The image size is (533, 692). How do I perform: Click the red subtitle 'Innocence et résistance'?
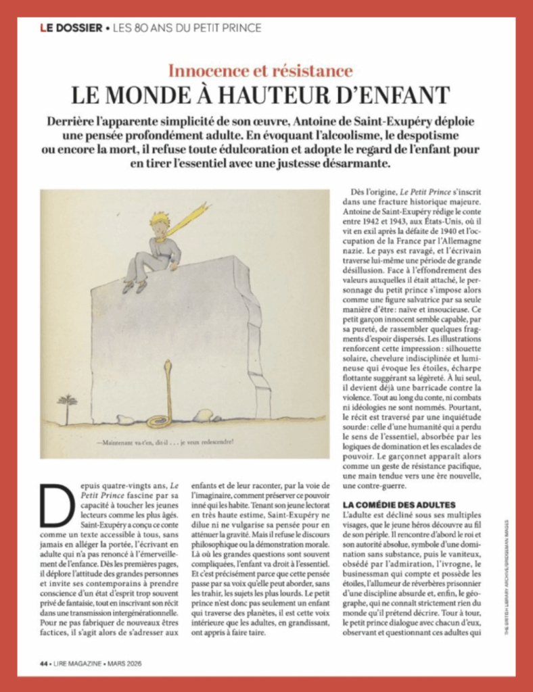[260, 70]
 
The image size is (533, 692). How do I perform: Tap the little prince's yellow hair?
[160, 218]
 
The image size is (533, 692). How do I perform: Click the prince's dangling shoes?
[133, 286]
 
